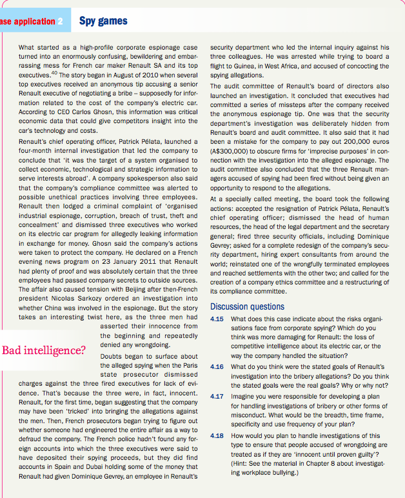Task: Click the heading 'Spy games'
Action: point(103,21)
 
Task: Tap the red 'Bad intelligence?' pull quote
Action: point(44,351)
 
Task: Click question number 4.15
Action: point(217,319)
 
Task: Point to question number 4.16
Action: point(217,367)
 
